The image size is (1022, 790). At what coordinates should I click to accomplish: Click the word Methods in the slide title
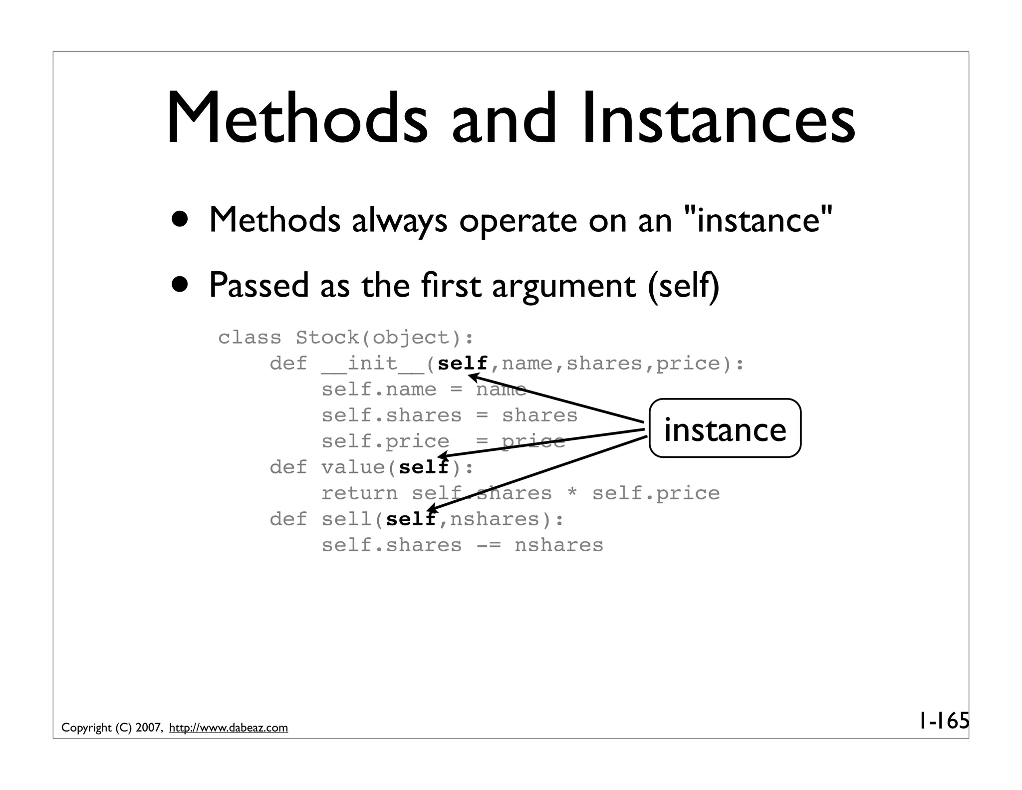pos(297,120)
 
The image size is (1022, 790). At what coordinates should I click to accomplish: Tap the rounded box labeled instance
pos(725,428)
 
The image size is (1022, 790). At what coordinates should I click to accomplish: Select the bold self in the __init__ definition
pos(462,364)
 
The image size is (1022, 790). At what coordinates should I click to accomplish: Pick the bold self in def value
pos(424,467)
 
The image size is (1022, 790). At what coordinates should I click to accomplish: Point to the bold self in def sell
pos(411,519)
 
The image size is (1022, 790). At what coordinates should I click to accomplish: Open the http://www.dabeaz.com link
pos(229,728)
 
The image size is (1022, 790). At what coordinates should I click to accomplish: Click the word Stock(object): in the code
pos(384,338)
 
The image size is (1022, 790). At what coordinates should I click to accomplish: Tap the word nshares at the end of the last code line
pos(559,545)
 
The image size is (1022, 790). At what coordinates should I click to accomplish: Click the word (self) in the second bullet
pos(683,285)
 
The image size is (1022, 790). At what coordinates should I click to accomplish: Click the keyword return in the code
pos(359,493)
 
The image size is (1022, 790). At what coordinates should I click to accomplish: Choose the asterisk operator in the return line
pos(572,493)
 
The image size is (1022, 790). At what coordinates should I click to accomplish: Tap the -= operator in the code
pos(488,545)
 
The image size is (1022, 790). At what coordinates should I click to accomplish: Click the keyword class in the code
pos(250,338)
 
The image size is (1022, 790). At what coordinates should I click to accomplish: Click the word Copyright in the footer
pos(86,728)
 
